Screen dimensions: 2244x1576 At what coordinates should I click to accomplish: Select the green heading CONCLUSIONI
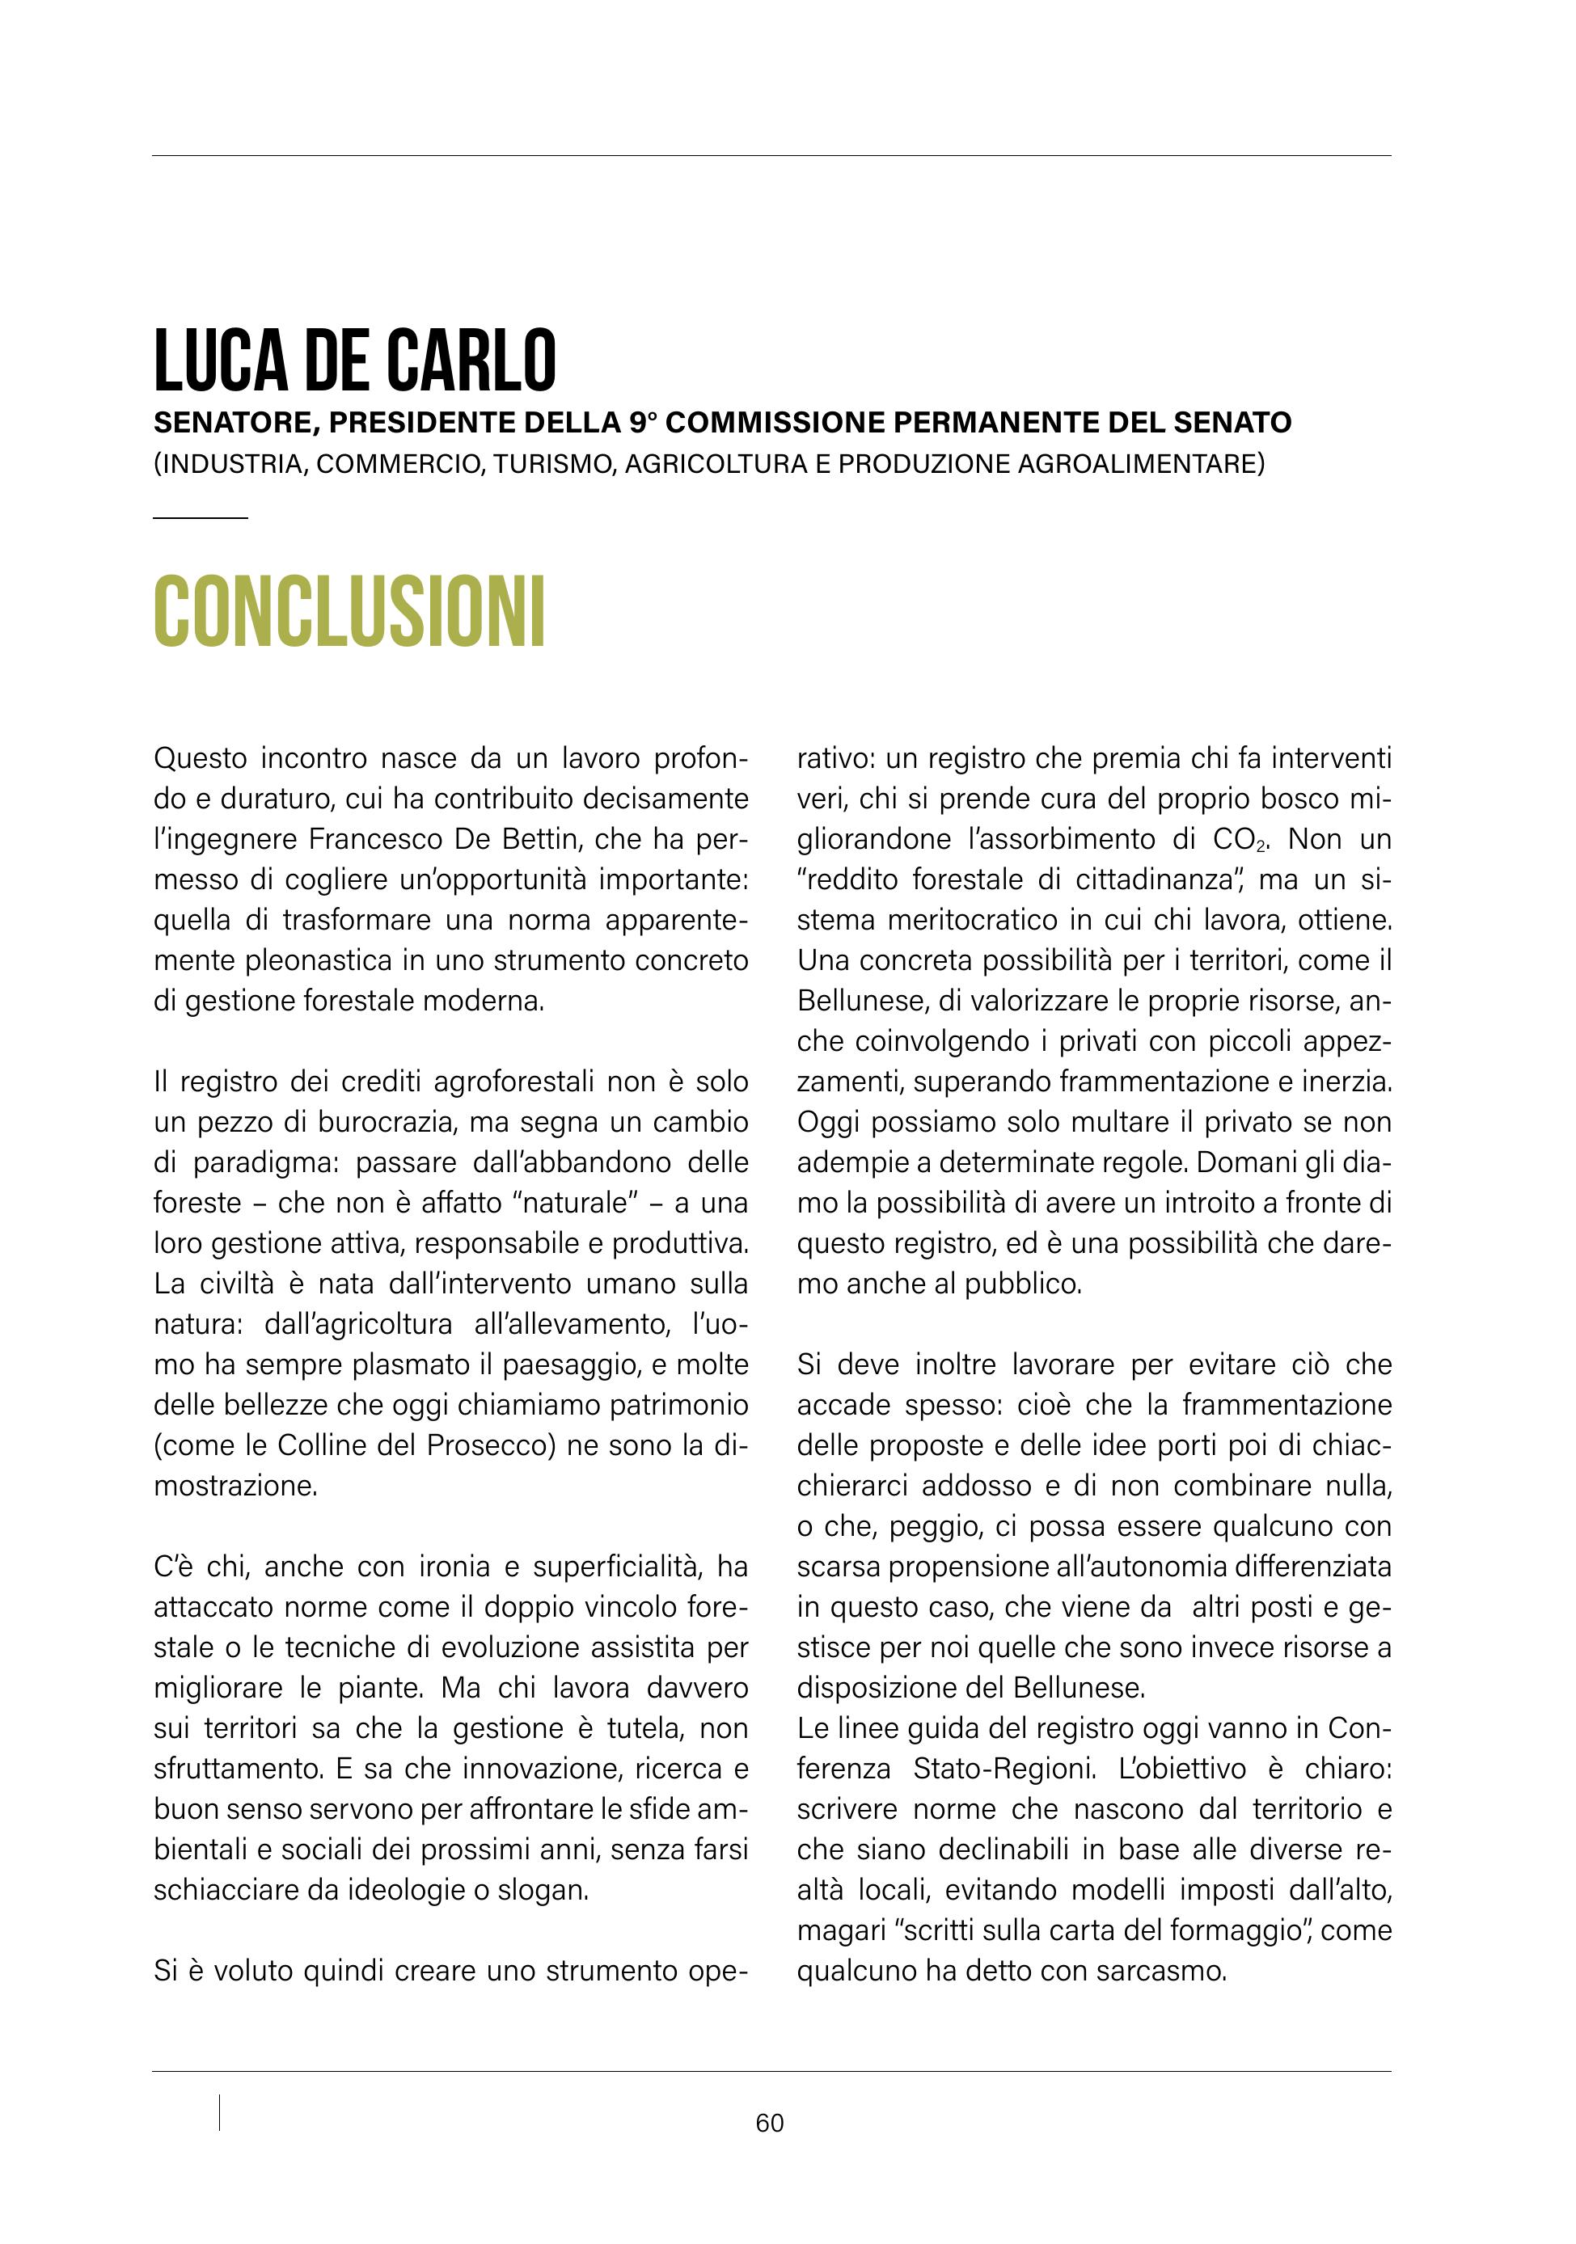(349, 613)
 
